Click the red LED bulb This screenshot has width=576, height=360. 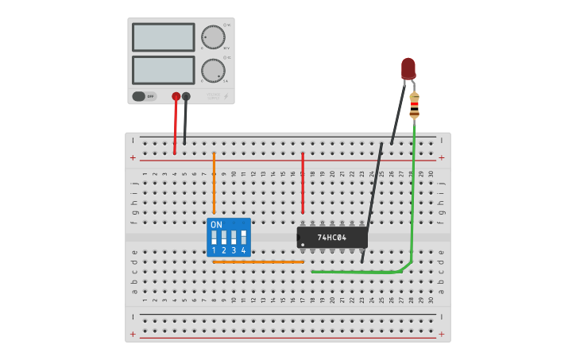click(408, 68)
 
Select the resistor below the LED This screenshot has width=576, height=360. click(414, 106)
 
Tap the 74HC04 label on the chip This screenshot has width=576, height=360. click(331, 238)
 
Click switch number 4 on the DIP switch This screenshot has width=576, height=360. click(243, 238)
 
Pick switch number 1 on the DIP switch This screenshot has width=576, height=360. click(214, 238)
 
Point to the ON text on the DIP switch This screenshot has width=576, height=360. click(216, 225)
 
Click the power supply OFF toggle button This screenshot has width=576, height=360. click(144, 96)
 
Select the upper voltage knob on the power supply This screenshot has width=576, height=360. click(213, 37)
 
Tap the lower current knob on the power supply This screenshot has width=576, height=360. click(213, 70)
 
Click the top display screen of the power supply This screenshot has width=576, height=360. click(163, 37)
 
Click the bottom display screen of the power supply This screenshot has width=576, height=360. click(163, 70)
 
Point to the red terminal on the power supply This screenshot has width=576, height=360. click(176, 96)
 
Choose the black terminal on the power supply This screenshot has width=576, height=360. click(186, 96)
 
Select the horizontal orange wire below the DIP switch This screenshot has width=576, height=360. click(258, 261)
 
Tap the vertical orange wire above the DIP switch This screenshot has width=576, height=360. click(214, 183)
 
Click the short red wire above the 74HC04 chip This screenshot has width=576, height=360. click(303, 183)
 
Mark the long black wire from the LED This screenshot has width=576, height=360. click(373, 199)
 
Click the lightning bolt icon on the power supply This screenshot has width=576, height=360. click(226, 96)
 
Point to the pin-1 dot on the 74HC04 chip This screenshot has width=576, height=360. click(303, 244)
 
